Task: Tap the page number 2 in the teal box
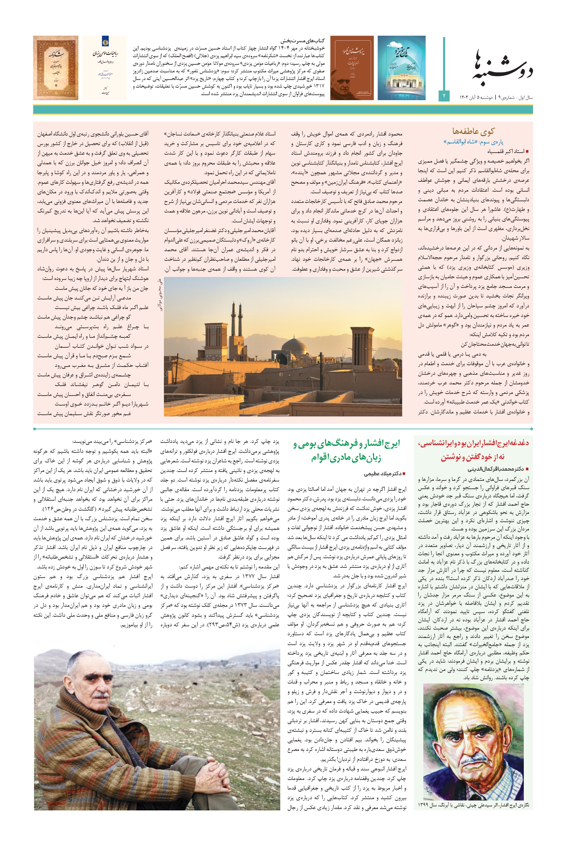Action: tap(444, 96)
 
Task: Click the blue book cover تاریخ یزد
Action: tap(402, 68)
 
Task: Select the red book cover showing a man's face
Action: tap(352, 68)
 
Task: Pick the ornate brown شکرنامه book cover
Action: tap(56, 68)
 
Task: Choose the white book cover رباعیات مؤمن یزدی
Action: tap(104, 68)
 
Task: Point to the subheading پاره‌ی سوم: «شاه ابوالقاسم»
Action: tap(473, 142)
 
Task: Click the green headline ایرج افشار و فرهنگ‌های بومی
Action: tap(346, 450)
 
